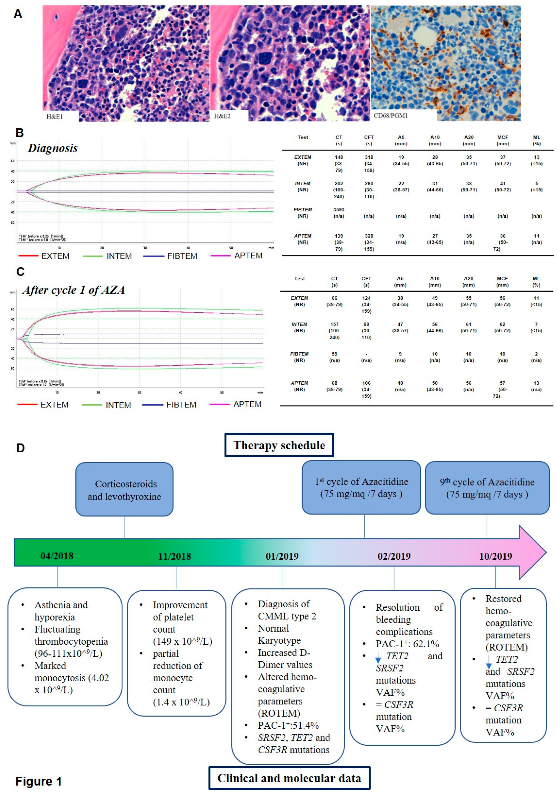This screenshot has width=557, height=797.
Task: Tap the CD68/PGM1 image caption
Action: (x=390, y=116)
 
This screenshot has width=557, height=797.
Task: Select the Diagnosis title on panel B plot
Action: (x=53, y=148)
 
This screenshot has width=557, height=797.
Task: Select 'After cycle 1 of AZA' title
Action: (x=73, y=290)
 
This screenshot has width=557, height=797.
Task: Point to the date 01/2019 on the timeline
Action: (x=282, y=556)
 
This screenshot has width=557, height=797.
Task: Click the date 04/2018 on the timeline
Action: (x=57, y=556)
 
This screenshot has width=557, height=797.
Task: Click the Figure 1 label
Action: (x=39, y=781)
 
